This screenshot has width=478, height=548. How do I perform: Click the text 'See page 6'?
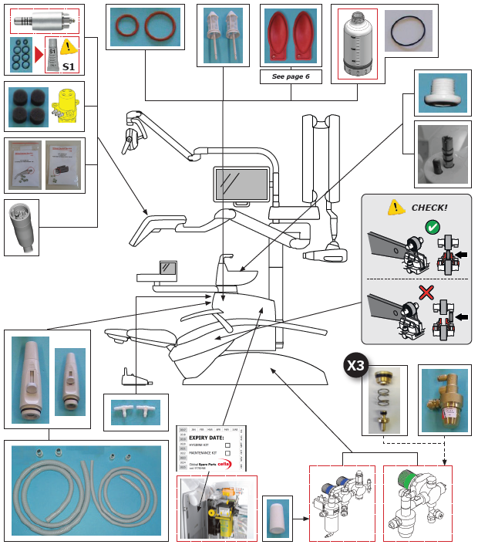point(291,76)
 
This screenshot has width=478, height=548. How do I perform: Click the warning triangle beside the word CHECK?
point(396,207)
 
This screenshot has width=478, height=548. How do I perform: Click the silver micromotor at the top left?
point(42,22)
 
